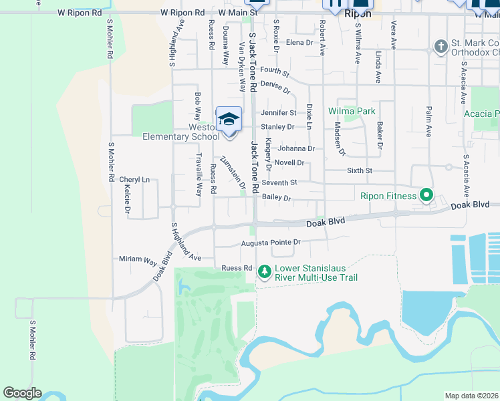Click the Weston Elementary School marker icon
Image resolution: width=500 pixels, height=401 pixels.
(x=229, y=120)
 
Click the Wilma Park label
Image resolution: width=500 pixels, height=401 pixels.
(x=352, y=111)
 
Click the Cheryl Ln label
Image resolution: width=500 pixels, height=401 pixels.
(x=134, y=180)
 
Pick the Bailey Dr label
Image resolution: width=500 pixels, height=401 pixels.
(x=277, y=198)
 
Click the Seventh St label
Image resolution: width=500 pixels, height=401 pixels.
(x=279, y=182)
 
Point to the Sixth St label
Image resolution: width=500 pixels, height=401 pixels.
(x=360, y=171)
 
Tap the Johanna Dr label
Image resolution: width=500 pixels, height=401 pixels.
(x=296, y=148)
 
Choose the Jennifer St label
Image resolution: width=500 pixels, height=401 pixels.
(x=278, y=113)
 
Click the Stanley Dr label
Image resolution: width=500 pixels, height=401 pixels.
(x=277, y=126)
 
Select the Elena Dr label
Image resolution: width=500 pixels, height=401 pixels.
(x=299, y=42)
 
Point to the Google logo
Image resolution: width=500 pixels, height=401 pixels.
(x=22, y=393)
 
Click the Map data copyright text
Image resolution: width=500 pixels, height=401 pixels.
(x=472, y=396)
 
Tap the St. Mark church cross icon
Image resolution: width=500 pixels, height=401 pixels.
(x=441, y=46)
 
